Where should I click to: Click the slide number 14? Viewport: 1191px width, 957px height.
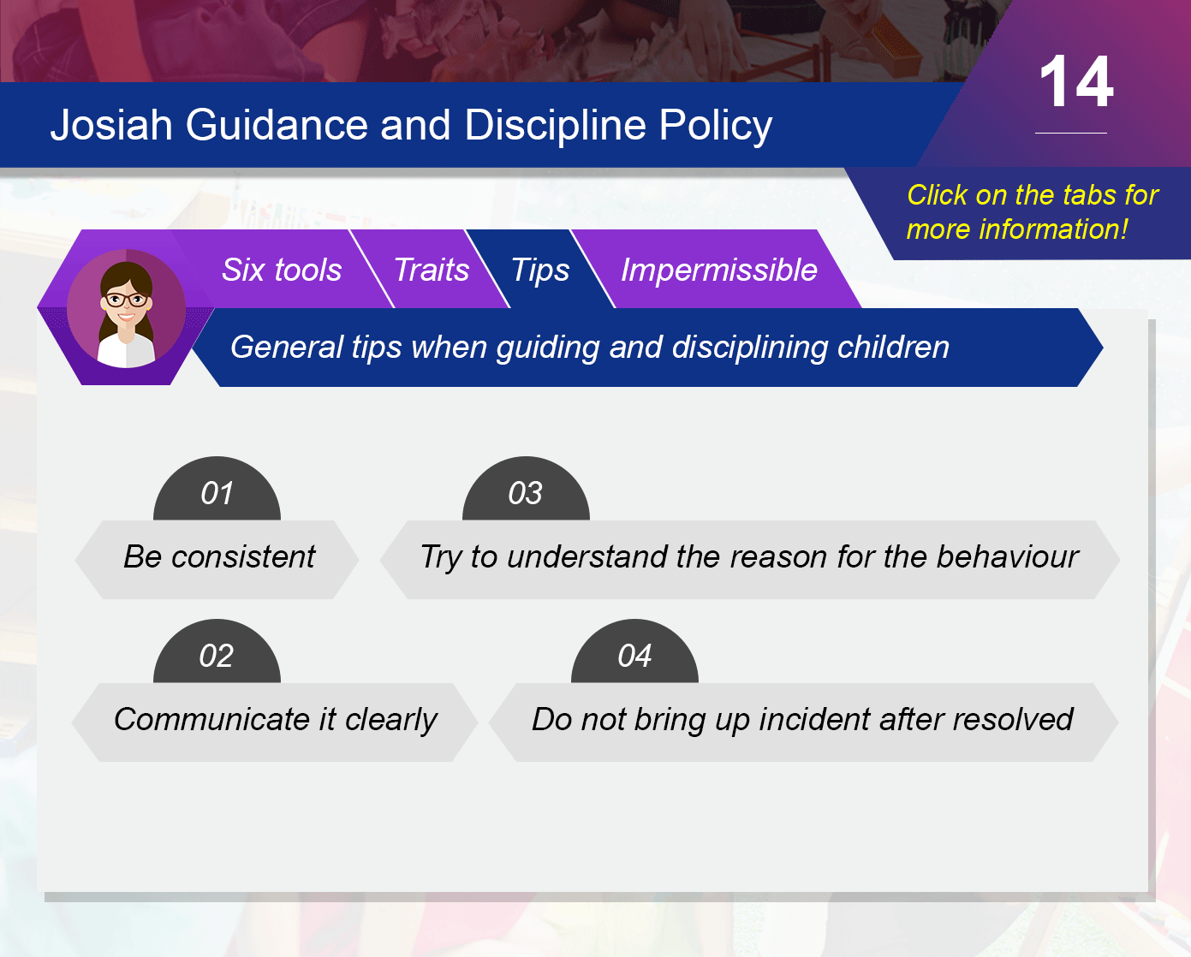(1076, 81)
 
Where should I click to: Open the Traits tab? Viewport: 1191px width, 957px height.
(432, 270)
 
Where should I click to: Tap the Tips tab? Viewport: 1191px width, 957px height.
(540, 270)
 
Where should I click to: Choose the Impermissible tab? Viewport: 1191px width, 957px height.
(718, 270)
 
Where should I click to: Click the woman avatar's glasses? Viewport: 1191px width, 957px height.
(126, 300)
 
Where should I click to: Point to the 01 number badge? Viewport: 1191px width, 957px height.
(217, 488)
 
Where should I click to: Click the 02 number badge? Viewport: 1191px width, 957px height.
(217, 651)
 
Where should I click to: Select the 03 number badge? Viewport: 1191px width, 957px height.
(526, 488)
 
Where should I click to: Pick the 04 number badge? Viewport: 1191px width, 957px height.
(634, 651)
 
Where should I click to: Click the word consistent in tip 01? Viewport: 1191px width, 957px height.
(243, 556)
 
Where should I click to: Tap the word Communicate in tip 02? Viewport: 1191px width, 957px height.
(211, 719)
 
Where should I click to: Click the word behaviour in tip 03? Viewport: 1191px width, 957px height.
(1007, 556)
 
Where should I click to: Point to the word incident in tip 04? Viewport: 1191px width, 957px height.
(813, 719)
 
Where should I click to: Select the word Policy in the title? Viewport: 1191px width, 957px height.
(715, 126)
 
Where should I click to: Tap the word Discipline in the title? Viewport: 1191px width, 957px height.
(555, 126)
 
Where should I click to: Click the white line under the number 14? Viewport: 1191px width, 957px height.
(1071, 133)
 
